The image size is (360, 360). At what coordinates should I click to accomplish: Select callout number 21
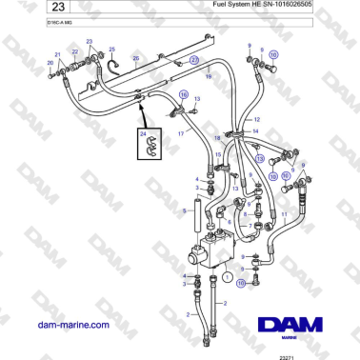tap(56, 54)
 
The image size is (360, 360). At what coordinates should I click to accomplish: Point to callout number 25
tap(111, 50)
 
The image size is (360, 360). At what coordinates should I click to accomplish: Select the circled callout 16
tap(183, 94)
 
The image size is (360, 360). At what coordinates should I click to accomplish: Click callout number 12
tap(255, 119)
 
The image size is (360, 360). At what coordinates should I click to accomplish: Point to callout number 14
tap(255, 130)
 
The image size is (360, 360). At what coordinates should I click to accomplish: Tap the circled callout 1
tap(227, 278)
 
